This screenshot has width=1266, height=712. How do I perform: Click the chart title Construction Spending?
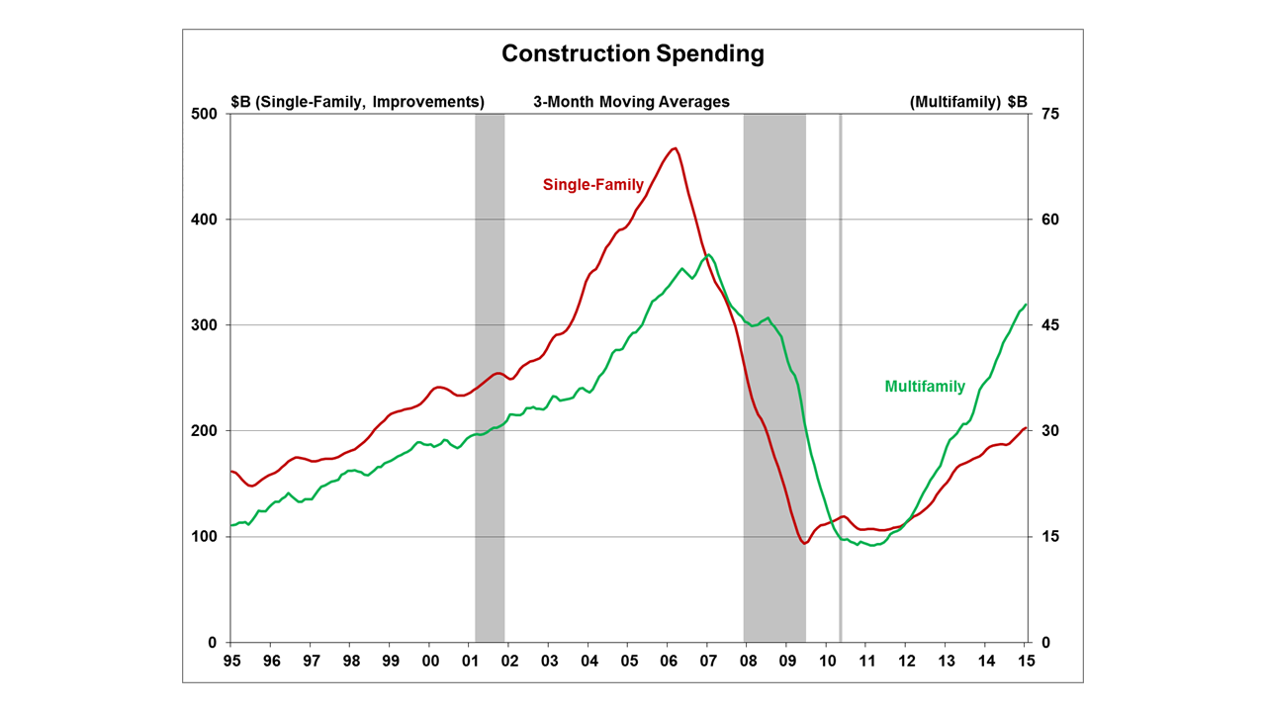pyautogui.click(x=633, y=53)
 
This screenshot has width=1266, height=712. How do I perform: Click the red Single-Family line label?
pyautogui.click(x=592, y=184)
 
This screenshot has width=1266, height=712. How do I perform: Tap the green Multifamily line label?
pyautogui.click(x=925, y=387)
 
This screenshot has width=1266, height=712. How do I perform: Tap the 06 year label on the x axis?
pyautogui.click(x=668, y=661)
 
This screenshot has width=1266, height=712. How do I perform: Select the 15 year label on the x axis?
pyautogui.click(x=1027, y=661)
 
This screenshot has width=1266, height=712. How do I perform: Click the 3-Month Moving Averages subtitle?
pyautogui.click(x=631, y=102)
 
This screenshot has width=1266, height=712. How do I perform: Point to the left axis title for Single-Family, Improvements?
pyautogui.click(x=357, y=102)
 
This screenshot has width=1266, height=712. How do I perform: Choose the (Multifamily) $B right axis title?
pyautogui.click(x=968, y=102)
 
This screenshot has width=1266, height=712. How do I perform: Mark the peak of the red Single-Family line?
pyautogui.click(x=675, y=148)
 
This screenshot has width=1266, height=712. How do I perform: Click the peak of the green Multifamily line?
pyautogui.click(x=708, y=255)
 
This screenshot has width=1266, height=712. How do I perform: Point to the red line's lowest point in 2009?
pyautogui.click(x=804, y=543)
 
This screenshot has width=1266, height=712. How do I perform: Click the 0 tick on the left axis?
pyautogui.click(x=211, y=643)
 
